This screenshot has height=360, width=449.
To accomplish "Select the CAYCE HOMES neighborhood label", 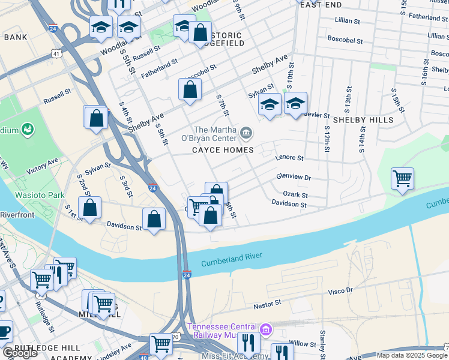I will (x=223, y=149).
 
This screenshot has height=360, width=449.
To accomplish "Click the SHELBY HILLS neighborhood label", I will (x=363, y=119).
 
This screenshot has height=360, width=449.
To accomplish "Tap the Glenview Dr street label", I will (x=293, y=177).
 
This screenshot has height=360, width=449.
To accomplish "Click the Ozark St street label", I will (x=295, y=195).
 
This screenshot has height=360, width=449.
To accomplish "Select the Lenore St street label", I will (x=289, y=158).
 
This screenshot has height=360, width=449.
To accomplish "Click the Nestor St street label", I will (x=267, y=305).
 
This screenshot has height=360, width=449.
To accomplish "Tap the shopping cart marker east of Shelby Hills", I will (x=402, y=178).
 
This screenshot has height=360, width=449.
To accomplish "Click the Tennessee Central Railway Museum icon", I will (x=266, y=329).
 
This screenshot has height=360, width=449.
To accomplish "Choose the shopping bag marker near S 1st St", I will (x=90, y=209).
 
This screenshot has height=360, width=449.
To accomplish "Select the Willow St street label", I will (x=303, y=344).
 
